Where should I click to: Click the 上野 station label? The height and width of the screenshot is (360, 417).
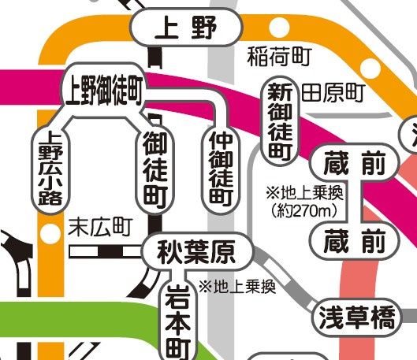[186, 30]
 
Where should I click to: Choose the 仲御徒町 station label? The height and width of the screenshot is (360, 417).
[221, 167]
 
